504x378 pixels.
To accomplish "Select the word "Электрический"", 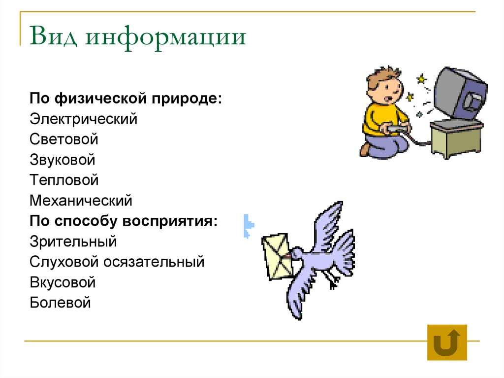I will pyautogui.click(x=83, y=119).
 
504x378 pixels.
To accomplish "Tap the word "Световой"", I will pyautogui.click(x=64, y=139).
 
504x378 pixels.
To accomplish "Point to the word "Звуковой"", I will pyautogui.click(x=63, y=160).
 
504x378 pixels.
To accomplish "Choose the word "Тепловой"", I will pyautogui.click(x=64, y=180).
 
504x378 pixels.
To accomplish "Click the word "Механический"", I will pyautogui.click(x=81, y=201).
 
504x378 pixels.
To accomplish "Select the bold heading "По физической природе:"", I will pyautogui.click(x=126, y=98).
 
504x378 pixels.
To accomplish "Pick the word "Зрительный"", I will pyautogui.click(x=73, y=241).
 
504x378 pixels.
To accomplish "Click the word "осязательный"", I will pyautogui.click(x=154, y=262).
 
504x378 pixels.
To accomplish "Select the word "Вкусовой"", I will pyautogui.click(x=62, y=282).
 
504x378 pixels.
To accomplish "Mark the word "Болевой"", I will pyautogui.click(x=60, y=302).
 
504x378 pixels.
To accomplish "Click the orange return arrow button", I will pyautogui.click(x=447, y=343).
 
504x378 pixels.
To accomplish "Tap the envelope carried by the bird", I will pyautogui.click(x=277, y=255).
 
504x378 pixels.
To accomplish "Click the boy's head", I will pyautogui.click(x=384, y=84).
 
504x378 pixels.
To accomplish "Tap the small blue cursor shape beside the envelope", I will pyautogui.click(x=248, y=226).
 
